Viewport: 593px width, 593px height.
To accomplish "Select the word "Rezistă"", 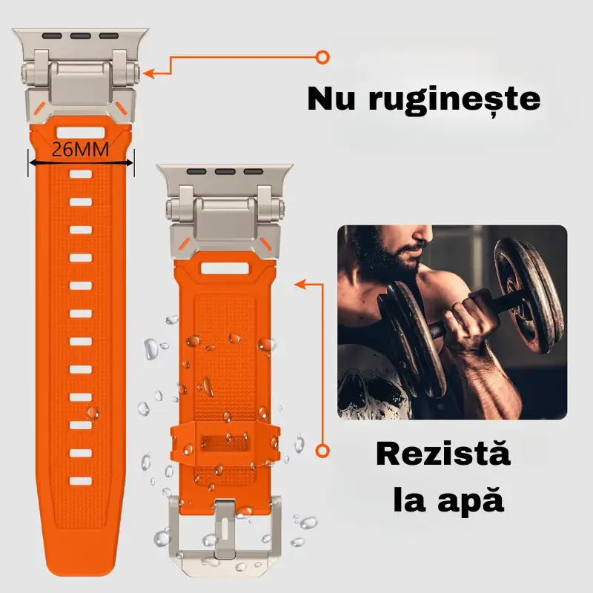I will [x=443, y=453].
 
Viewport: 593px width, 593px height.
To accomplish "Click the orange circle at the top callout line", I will [x=322, y=56].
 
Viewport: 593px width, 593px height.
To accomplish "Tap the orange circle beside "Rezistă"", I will [x=322, y=450].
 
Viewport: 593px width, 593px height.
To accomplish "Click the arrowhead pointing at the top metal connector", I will [x=148, y=73].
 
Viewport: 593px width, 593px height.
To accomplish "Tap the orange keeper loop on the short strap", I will [x=225, y=445].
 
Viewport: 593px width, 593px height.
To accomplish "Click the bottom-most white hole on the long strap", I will [x=81, y=480].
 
